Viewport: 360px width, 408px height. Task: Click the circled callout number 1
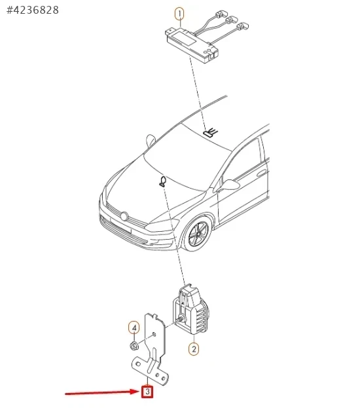tap(179, 14)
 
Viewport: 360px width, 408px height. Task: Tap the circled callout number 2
tap(194, 349)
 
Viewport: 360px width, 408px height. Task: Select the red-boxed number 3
tap(147, 392)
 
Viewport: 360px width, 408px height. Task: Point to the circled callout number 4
tap(134, 328)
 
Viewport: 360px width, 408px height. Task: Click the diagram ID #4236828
tap(33, 10)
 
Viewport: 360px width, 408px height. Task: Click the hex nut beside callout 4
tap(134, 346)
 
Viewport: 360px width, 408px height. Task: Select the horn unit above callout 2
tap(190, 309)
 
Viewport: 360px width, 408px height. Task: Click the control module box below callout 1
tap(191, 43)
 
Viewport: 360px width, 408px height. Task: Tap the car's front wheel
tap(199, 233)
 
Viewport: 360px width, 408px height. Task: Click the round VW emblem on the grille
tap(124, 216)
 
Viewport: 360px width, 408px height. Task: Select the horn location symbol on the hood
tap(163, 181)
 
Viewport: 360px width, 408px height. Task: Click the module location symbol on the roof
tap(210, 132)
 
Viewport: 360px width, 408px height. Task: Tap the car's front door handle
tap(262, 173)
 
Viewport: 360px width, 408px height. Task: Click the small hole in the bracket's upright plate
tap(154, 334)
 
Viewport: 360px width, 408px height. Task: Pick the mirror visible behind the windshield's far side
tap(151, 141)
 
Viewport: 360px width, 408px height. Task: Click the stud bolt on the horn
tap(181, 319)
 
